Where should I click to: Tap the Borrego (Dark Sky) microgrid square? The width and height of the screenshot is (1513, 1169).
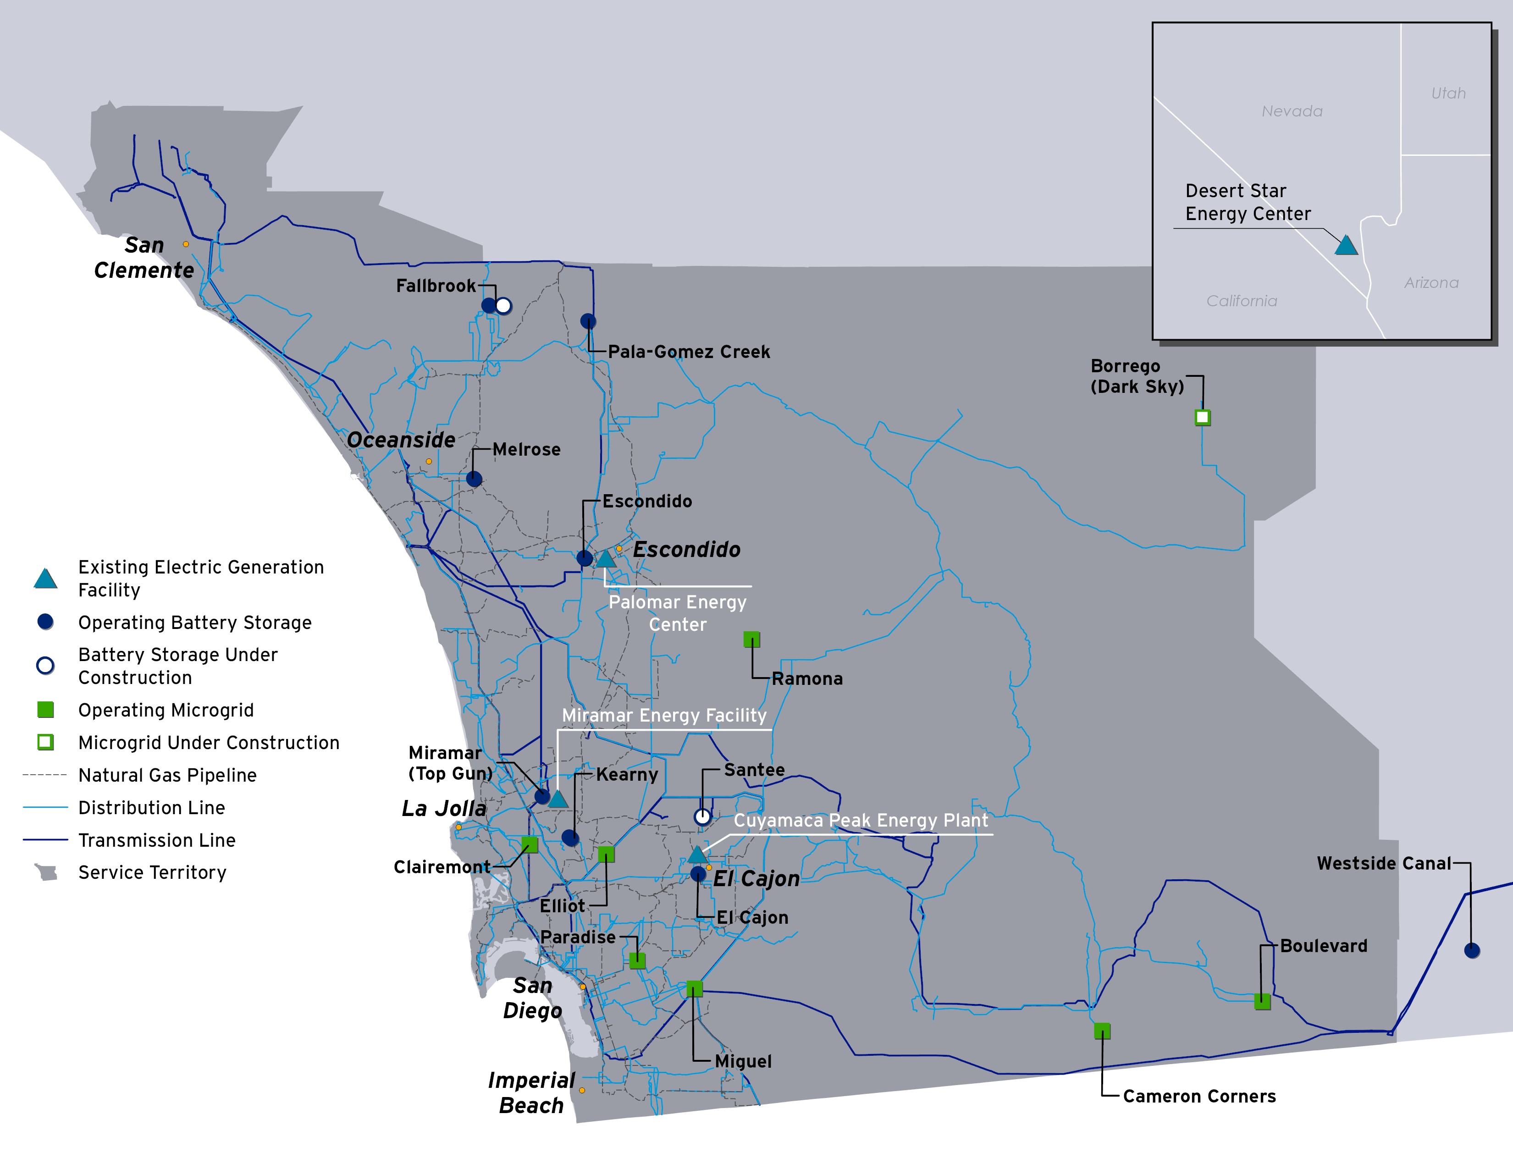1203,418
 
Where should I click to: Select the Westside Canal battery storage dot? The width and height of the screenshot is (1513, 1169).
1472,951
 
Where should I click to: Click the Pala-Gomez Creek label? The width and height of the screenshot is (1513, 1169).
689,352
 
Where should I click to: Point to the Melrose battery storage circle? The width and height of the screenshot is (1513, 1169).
474,479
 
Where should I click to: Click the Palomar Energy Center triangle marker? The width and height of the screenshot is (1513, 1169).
606,559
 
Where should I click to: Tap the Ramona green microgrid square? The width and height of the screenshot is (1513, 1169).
751,639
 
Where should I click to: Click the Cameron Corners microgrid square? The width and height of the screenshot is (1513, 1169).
1102,1031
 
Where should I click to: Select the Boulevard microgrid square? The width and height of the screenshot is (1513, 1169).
1262,1001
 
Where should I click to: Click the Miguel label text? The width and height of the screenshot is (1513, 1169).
743,1061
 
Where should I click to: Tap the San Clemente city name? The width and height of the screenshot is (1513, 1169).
144,258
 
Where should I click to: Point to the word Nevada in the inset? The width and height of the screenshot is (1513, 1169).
1292,111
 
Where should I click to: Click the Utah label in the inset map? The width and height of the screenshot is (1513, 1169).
1448,93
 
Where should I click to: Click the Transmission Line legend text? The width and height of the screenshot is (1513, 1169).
156,840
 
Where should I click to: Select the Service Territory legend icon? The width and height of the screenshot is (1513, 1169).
46,872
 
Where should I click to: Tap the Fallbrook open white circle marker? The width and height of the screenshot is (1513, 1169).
503,305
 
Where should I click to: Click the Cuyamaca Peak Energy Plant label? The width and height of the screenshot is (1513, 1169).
861,821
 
